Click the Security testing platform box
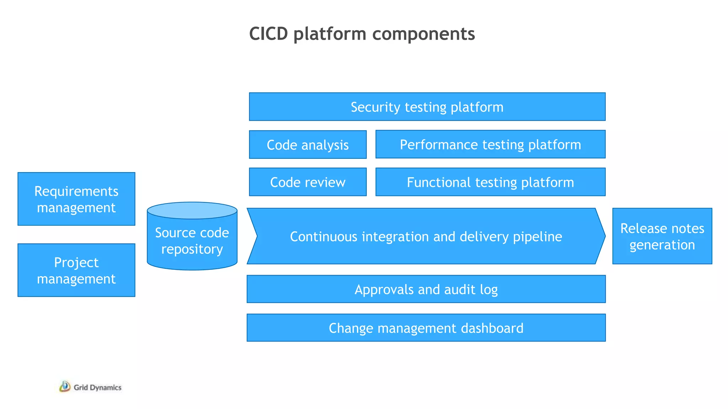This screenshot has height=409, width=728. (427, 107)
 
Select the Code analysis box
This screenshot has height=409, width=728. (307, 144)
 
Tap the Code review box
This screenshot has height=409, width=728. (307, 182)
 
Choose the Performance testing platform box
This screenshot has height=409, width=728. (490, 144)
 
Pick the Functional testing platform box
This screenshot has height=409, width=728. (490, 182)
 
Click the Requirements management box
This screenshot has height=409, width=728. (76, 199)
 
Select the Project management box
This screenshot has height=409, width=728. (76, 270)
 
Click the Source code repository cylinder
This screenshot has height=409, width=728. (192, 241)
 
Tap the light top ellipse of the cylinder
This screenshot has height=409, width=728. (192, 211)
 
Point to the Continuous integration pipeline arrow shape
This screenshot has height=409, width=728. (426, 236)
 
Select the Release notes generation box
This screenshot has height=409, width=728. (662, 236)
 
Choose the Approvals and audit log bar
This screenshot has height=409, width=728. (426, 289)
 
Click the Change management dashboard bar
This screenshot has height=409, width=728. (426, 328)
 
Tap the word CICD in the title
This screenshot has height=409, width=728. (268, 34)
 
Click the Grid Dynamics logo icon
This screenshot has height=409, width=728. (65, 387)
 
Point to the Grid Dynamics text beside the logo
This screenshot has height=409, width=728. (97, 387)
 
